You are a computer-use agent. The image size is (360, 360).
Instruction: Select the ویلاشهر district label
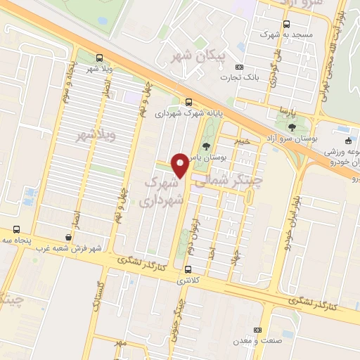[x=93, y=134]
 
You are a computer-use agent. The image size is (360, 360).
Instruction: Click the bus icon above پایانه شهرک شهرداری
[x=188, y=101]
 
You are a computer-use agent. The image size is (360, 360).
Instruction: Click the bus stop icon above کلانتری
[x=188, y=269]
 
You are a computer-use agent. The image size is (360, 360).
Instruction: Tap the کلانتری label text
[x=188, y=279]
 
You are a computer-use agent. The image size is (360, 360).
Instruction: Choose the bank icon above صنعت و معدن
[x=257, y=330]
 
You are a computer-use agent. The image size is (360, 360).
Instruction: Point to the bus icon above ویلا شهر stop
[x=98, y=58]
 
